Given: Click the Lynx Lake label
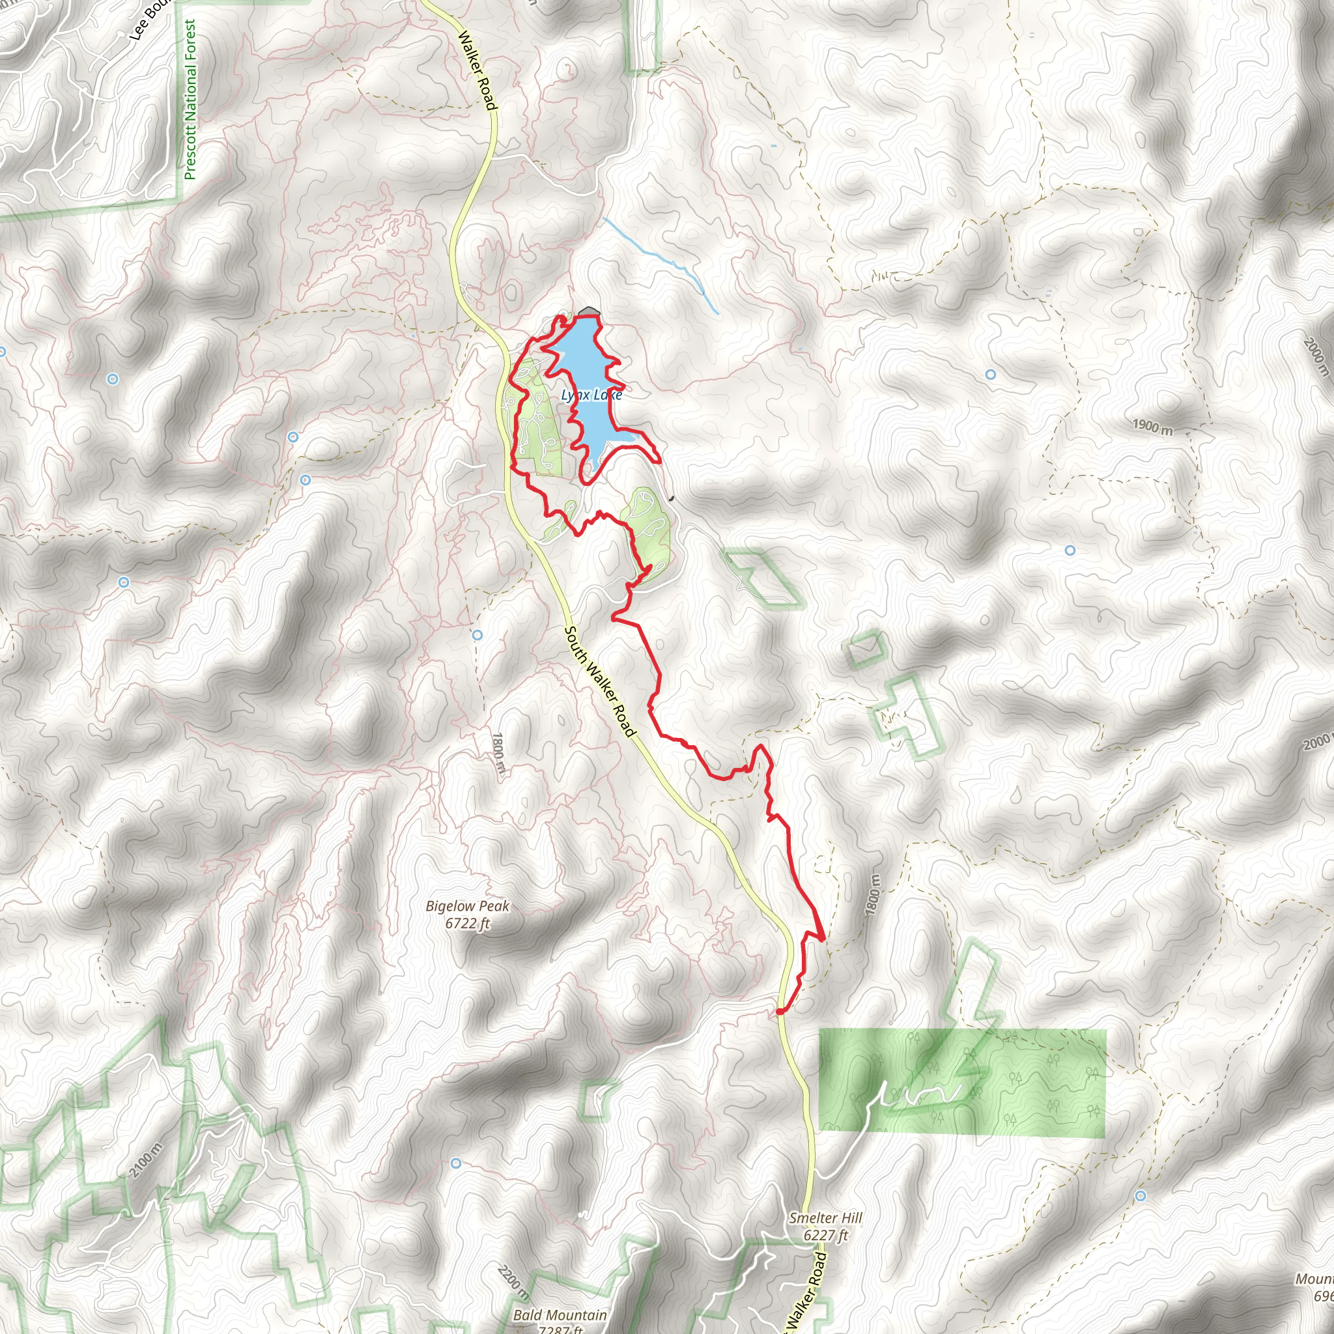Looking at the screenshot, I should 591,394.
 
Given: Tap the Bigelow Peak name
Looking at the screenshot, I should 468,906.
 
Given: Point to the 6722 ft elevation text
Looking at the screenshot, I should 468,923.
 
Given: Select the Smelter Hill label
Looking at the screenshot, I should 826,1218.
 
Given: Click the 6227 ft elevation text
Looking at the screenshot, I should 826,1235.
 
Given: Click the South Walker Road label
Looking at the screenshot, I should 598,681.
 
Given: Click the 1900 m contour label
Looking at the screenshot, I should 1152,427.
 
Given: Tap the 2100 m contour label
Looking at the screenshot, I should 146,1160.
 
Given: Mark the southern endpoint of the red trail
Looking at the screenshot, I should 780,1012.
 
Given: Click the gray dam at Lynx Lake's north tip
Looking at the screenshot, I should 588,312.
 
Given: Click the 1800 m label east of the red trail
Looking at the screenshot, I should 872,896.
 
